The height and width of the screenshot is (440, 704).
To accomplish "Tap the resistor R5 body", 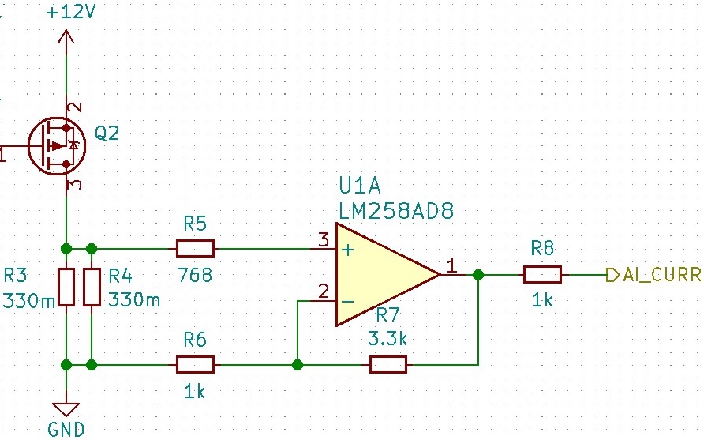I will tap(195, 249).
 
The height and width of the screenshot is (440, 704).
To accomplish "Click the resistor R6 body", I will tap(195, 365).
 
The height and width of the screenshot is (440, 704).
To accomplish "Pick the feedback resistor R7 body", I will tap(388, 365).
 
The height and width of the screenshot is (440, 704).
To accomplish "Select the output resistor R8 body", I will tap(542, 275).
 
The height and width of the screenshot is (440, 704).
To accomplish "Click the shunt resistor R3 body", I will tap(66, 288).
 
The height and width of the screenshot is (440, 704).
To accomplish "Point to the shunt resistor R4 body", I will tap(92, 288).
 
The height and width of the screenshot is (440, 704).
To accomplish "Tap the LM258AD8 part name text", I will tap(396, 212).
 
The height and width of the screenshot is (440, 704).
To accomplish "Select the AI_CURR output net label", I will tap(659, 275).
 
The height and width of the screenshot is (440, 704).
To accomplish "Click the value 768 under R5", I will tap(195, 276).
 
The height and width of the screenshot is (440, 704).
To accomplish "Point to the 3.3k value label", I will tap(388, 339).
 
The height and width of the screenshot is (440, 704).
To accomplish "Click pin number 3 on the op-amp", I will tap(324, 239).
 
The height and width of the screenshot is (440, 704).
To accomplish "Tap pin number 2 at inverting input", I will tap(323, 291).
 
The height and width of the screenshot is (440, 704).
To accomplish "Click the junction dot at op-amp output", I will tap(477, 275).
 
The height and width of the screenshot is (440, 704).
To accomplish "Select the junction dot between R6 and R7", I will tap(298, 365).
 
